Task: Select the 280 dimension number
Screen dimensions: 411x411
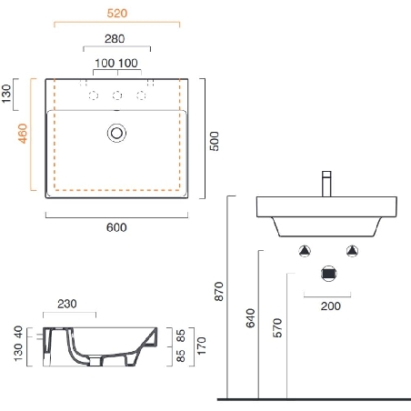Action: (115, 39)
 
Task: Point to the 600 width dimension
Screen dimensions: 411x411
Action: (116, 226)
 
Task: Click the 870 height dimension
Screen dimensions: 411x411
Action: (217, 291)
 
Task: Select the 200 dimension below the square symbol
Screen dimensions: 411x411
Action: (330, 306)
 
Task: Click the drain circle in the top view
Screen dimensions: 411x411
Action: (116, 133)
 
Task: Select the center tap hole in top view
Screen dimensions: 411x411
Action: (116, 95)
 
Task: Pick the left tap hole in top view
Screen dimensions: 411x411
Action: (92, 95)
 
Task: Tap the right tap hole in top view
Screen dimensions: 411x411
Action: (141, 95)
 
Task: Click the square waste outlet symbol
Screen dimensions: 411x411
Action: (330, 273)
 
